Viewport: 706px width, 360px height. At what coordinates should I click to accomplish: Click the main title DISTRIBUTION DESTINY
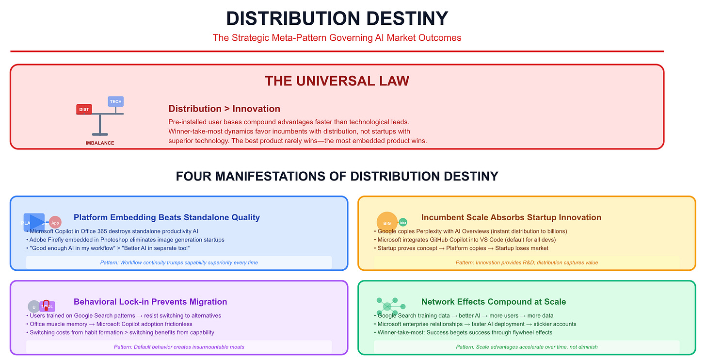[337, 18]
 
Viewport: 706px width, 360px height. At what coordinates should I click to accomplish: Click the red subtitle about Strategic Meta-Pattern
[337, 37]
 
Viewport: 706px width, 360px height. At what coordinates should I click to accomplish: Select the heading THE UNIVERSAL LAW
[337, 81]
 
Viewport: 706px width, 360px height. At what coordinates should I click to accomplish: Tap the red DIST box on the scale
[84, 109]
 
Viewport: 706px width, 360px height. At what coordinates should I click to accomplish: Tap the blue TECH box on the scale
[115, 101]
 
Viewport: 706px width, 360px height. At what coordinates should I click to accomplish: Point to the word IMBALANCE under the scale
[100, 143]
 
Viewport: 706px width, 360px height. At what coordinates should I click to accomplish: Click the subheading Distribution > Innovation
[224, 109]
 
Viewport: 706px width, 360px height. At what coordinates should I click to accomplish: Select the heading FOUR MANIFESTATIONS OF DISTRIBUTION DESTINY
[337, 176]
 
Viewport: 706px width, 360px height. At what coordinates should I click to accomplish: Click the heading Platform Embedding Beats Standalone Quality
[167, 217]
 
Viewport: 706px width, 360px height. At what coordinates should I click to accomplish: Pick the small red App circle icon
[55, 222]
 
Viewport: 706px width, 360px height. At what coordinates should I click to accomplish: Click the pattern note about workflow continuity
[179, 262]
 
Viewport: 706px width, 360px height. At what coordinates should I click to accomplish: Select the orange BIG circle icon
[387, 222]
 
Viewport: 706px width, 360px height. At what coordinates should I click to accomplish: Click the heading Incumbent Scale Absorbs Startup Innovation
[511, 217]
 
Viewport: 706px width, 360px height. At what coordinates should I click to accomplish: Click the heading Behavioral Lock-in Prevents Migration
[150, 302]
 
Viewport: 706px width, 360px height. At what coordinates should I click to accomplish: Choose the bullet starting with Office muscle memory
[111, 324]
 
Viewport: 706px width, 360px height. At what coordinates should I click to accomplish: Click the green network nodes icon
[387, 306]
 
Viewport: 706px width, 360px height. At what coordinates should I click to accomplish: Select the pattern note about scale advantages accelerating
[527, 347]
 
